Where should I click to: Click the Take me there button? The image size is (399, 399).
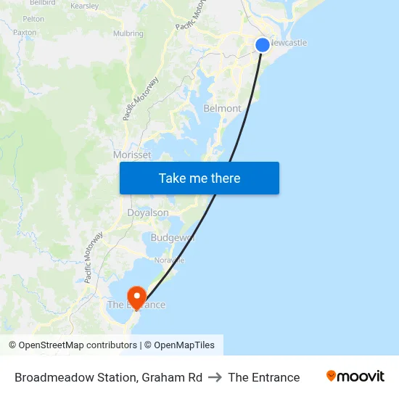click(x=199, y=178)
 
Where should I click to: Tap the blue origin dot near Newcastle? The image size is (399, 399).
click(x=263, y=45)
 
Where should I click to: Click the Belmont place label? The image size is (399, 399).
click(x=222, y=108)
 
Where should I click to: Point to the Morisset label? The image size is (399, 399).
click(x=132, y=155)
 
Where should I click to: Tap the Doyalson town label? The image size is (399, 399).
click(x=148, y=213)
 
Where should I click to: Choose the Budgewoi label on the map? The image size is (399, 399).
click(x=173, y=238)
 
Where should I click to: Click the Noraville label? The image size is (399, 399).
click(x=169, y=260)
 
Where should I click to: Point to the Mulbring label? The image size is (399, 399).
click(x=128, y=33)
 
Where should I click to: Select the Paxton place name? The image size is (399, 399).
click(x=25, y=33)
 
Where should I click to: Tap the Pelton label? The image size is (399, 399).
click(x=33, y=19)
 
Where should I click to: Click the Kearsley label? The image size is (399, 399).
click(x=84, y=6)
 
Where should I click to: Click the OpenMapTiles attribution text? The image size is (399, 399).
click(x=184, y=345)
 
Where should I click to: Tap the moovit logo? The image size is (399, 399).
click(x=355, y=377)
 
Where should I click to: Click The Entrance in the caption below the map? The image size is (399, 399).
click(x=263, y=377)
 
